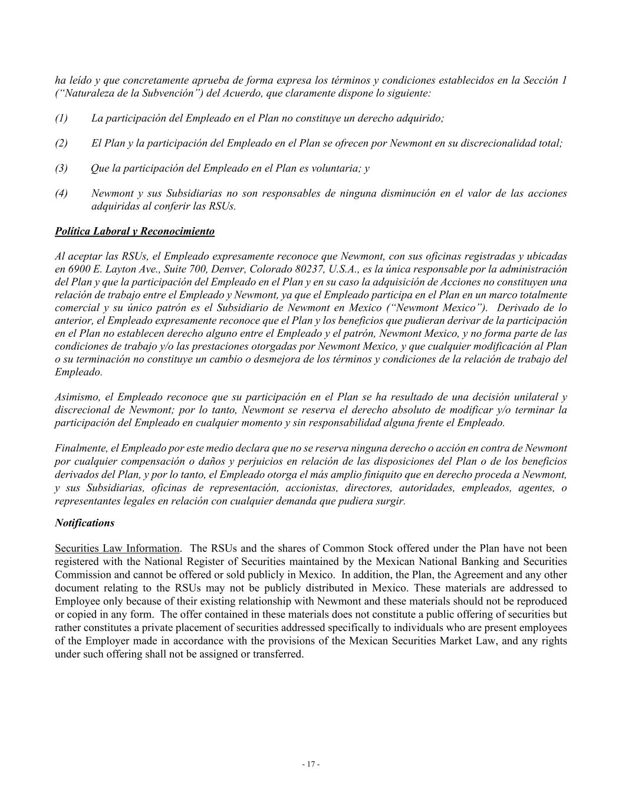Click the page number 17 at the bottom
311,764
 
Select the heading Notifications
84,523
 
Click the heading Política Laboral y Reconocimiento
134,231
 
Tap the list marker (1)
61,118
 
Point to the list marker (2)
61,143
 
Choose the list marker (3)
61,168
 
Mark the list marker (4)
61,193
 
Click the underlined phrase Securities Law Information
117,548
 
